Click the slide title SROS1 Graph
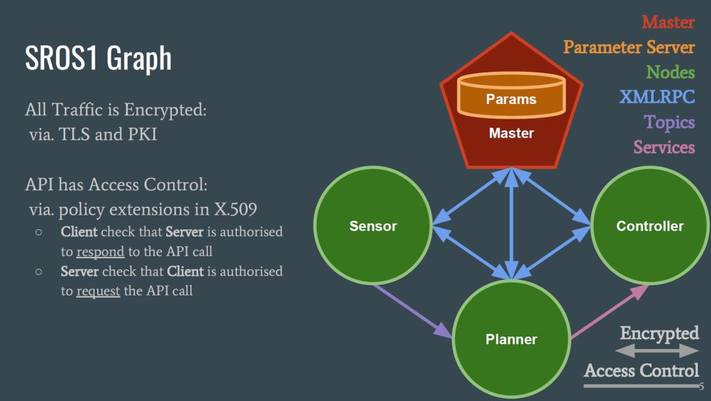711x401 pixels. [x=98, y=58]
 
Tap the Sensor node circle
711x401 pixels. [x=373, y=226]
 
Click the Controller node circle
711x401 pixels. [x=650, y=226]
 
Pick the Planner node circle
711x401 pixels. [x=512, y=339]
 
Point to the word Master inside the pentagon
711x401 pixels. [x=512, y=133]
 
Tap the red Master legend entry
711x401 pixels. [x=668, y=22]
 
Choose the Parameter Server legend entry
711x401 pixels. [x=629, y=47]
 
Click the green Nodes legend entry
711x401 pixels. [x=670, y=72]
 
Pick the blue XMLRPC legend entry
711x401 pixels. [x=657, y=97]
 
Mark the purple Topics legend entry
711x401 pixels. [x=670, y=122]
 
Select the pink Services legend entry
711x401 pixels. [x=664, y=147]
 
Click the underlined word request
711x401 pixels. [x=98, y=291]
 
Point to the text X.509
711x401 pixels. [x=235, y=210]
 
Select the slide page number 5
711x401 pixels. [x=702, y=387]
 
